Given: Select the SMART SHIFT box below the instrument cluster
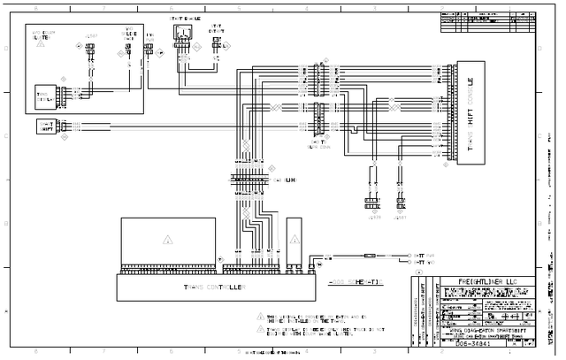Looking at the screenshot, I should (x=43, y=126).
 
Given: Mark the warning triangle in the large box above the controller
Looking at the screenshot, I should (x=167, y=240).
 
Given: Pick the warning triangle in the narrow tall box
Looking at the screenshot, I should (x=294, y=240).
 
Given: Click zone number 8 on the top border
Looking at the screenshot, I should (x=35, y=6).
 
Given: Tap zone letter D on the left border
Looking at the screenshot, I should (x=4, y=49).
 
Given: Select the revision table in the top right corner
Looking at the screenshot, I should (x=486, y=21).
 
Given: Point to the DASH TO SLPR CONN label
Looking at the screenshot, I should (x=316, y=144).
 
